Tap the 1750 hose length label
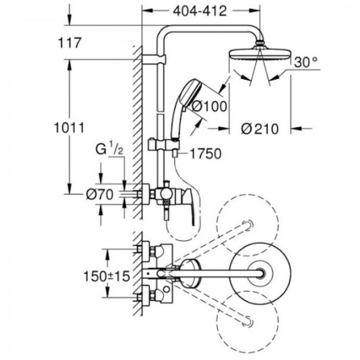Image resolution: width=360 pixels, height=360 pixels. coord(205,154)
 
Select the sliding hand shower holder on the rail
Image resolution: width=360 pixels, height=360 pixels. coord(164,145)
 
